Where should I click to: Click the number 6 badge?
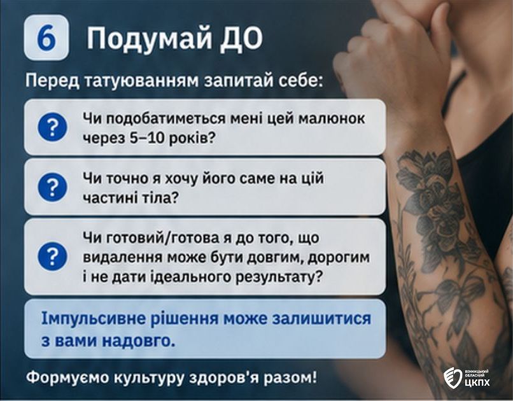[x=46, y=38]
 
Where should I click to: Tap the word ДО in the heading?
[x=241, y=38]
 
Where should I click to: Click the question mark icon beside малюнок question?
[x=52, y=127]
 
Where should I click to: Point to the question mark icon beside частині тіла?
[x=52, y=186]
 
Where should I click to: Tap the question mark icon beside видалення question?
[x=52, y=256]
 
